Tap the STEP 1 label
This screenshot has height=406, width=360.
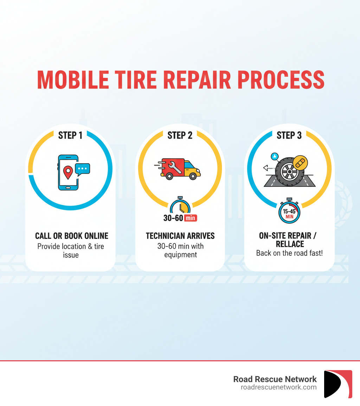pos(70,135)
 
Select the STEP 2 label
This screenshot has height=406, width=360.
pos(180,135)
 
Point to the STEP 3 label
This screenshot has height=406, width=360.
pos(289,135)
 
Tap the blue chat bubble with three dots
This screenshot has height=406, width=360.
pos(83,169)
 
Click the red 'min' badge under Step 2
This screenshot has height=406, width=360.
pos(190,218)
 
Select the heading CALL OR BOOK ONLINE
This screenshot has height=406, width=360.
pos(71,236)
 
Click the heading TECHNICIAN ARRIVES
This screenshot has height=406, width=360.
pos(180,236)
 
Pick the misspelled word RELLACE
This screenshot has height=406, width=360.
pos(290,244)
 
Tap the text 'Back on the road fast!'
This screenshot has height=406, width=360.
pos(289,253)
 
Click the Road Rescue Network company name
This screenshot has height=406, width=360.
pos(275,379)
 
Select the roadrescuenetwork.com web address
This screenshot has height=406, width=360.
pos(278,387)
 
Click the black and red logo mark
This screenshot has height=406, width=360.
pos(338,384)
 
